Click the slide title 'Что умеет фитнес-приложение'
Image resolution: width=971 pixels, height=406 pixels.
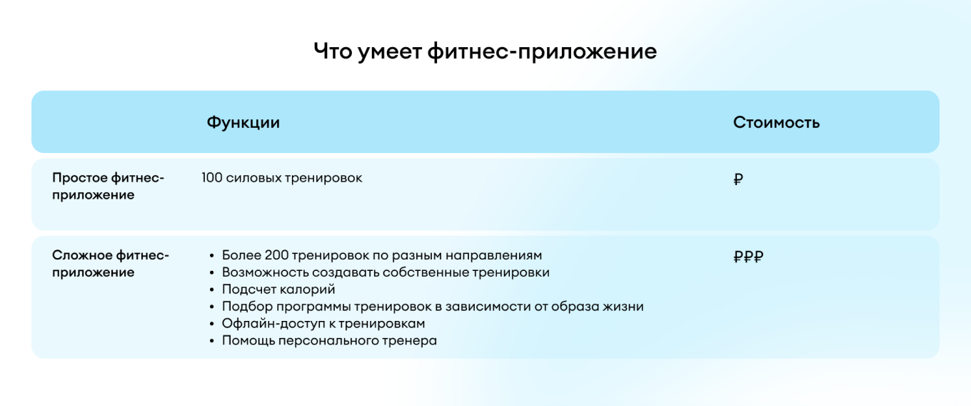[485, 51]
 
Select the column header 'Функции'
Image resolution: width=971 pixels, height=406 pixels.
[243, 122]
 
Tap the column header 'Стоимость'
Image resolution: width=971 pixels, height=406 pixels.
[776, 122]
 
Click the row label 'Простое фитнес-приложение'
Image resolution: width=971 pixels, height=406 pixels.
[108, 186]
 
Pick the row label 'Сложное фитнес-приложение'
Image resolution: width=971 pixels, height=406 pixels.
[111, 264]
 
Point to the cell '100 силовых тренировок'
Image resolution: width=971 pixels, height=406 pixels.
[281, 178]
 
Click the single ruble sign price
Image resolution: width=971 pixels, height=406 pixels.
[738, 179]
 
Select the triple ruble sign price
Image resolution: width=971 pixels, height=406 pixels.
[748, 257]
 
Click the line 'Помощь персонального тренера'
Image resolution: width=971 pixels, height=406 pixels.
[329, 341]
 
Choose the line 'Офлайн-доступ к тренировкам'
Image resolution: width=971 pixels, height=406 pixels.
[323, 324]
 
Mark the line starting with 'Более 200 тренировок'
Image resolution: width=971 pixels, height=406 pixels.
[382, 255]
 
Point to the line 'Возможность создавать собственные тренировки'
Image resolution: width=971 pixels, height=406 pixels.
[386, 272]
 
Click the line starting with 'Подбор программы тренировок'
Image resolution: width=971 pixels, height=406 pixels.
[433, 307]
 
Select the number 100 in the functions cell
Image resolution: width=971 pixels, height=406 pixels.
[212, 178]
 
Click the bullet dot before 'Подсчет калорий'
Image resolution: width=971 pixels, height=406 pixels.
[212, 290]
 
